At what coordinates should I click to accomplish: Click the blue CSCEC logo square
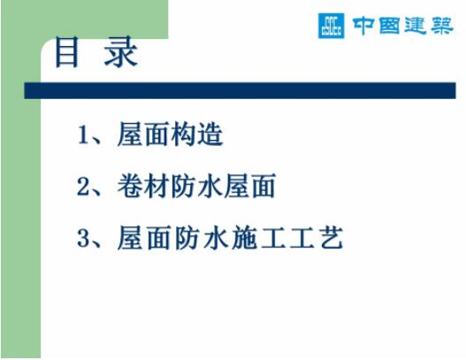click(x=331, y=26)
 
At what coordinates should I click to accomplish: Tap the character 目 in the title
click(x=67, y=52)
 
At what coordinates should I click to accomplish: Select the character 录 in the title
click(x=120, y=52)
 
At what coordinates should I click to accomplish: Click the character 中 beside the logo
click(x=363, y=26)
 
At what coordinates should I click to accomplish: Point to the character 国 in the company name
click(x=389, y=26)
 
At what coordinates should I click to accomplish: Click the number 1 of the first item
click(x=82, y=134)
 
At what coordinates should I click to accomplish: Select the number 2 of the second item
click(x=83, y=187)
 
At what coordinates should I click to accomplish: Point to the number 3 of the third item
click(x=83, y=238)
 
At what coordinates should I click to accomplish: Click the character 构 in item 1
click(x=182, y=134)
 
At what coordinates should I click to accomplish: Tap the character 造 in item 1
click(x=210, y=134)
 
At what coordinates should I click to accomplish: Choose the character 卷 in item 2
click(x=129, y=186)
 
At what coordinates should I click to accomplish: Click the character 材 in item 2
click(x=156, y=186)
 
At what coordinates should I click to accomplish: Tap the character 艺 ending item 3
click(x=332, y=238)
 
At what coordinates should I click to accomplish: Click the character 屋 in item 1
click(x=130, y=134)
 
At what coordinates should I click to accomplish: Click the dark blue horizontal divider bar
click(x=240, y=91)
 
